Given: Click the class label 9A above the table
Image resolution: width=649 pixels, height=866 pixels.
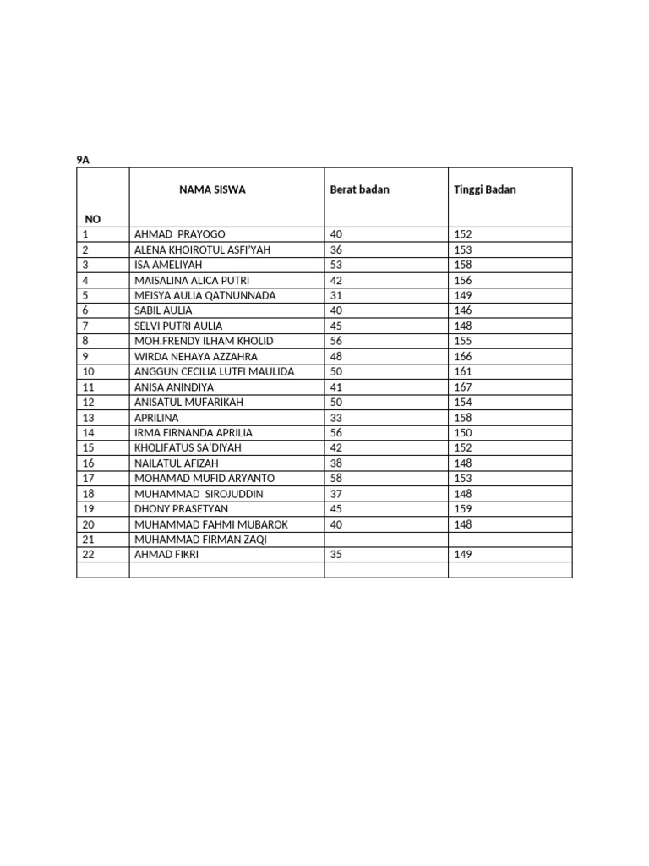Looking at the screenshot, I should (x=82, y=160).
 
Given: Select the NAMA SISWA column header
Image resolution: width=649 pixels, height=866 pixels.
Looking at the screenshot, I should (x=212, y=189).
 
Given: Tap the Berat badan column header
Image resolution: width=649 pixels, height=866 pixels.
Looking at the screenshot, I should (x=359, y=189).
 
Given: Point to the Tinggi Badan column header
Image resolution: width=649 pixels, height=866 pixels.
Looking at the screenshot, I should (x=484, y=189).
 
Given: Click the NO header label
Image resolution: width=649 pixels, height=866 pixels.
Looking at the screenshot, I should (x=92, y=219).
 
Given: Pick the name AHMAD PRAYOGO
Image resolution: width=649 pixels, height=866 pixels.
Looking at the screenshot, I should (x=180, y=234).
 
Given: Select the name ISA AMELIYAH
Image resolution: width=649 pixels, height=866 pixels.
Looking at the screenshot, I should (x=168, y=265).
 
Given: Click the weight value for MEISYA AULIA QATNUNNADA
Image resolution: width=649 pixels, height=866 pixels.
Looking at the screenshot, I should (x=336, y=295).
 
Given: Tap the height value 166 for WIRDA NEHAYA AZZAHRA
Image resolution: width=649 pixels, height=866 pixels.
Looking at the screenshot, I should (x=463, y=357).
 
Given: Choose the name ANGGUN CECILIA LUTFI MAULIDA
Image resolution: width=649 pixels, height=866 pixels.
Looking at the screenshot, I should (x=214, y=372).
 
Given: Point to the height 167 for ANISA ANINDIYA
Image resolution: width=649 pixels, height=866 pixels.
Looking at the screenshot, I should (x=463, y=387).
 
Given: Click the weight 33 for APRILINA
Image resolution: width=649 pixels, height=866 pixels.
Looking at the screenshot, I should (x=336, y=418).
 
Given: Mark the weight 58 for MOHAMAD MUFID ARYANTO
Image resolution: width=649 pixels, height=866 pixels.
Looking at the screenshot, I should (x=336, y=479).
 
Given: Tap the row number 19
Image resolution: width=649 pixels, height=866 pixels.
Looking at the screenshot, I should (x=89, y=509).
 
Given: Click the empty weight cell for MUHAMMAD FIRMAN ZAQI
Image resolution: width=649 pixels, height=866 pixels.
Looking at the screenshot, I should (x=385, y=540).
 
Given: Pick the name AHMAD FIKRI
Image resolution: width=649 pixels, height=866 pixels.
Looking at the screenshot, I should (x=167, y=555).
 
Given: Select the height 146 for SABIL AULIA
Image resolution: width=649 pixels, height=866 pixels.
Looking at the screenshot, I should (x=463, y=310).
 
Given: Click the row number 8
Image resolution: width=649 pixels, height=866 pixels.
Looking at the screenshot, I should (x=86, y=341).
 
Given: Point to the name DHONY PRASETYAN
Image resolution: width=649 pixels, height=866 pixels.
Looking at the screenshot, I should (x=181, y=509).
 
